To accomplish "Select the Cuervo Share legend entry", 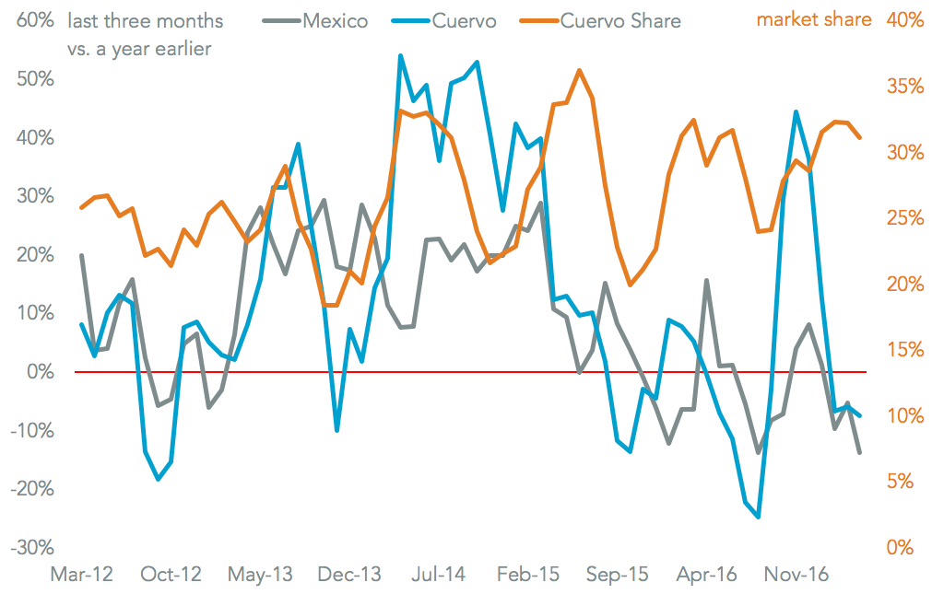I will [620, 20].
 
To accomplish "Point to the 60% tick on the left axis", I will [35, 20].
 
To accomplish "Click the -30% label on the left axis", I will [32, 548].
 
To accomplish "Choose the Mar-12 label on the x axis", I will [81, 575].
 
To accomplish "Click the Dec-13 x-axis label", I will [350, 575].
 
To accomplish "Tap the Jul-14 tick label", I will [439, 575].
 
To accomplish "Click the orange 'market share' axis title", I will [814, 19].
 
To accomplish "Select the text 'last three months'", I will [146, 20].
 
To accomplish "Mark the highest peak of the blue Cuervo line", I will [400, 56].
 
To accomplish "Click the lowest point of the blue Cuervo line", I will [758, 518].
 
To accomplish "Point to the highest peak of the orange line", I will [578, 70].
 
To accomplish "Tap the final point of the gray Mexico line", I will [860, 452].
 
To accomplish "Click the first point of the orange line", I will [81, 207].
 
